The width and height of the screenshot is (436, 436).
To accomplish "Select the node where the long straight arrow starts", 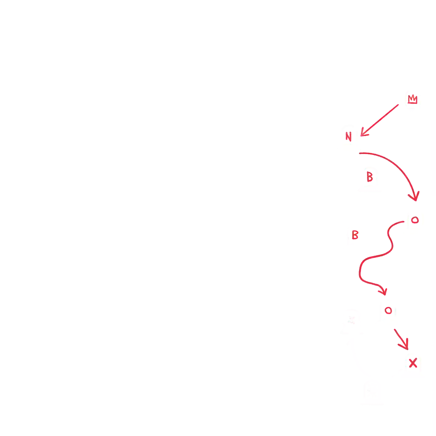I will tap(413, 102).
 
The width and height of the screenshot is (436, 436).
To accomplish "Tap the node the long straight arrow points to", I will tap(348, 138).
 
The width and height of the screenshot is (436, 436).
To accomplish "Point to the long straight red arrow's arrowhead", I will tap(364, 133).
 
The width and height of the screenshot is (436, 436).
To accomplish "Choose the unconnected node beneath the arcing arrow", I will tap(370, 178).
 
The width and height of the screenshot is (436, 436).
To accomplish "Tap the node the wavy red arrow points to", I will tap(388, 312).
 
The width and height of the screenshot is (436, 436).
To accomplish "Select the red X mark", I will tap(413, 363).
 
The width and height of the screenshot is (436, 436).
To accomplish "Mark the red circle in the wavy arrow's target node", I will tap(388, 310).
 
